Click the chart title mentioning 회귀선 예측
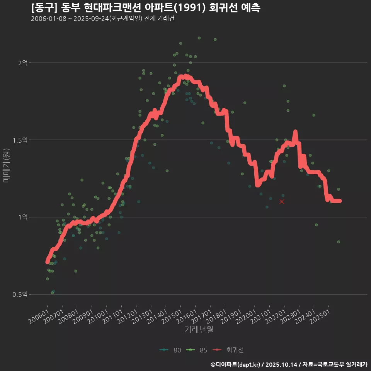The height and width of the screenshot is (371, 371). (x=146, y=8)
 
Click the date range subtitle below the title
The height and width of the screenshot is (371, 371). (x=102, y=19)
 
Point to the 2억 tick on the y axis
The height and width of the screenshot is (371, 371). (x=23, y=63)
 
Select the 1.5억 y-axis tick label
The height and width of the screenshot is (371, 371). (x=20, y=140)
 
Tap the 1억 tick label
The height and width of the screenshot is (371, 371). (x=23, y=217)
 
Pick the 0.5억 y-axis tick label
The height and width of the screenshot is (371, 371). (x=20, y=294)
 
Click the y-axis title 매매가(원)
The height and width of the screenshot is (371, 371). (x=7, y=165)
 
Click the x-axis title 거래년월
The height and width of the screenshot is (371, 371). (x=199, y=329)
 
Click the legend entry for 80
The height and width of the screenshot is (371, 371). (x=170, y=350)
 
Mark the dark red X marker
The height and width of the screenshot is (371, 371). (x=282, y=202)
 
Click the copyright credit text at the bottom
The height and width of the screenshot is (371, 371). (x=289, y=364)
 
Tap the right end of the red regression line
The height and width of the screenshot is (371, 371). (x=340, y=201)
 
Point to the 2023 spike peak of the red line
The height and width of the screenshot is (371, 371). (x=295, y=132)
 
